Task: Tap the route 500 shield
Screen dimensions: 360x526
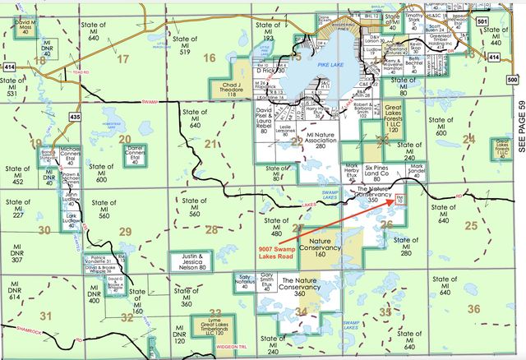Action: pyautogui.click(x=513, y=81)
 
